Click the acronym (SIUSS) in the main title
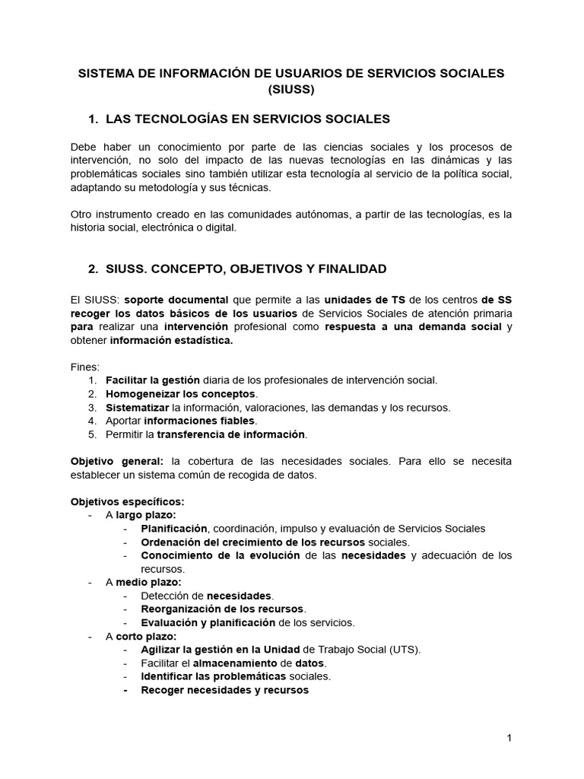(x=291, y=90)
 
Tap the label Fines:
(x=85, y=367)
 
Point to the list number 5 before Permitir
(x=92, y=434)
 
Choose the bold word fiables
(x=237, y=421)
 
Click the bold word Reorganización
(x=181, y=609)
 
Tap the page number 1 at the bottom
(x=509, y=738)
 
